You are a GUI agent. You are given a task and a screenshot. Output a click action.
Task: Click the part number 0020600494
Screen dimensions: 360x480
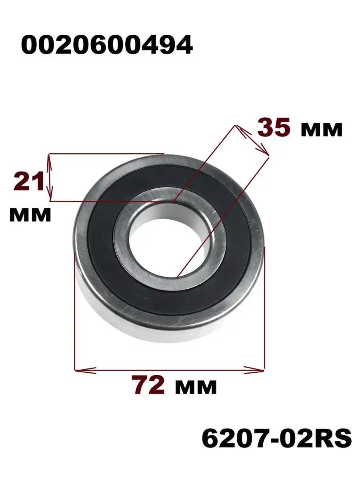coord(107,45)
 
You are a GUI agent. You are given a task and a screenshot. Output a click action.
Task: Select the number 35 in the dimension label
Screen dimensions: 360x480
coord(274,127)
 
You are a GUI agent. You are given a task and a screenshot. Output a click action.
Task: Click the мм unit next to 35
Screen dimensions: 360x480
coord(322,130)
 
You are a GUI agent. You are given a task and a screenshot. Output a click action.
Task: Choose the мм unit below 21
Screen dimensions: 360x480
coord(30,215)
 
